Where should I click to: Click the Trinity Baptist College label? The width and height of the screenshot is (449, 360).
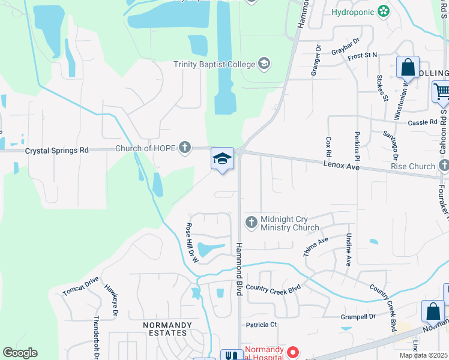tap(214, 64)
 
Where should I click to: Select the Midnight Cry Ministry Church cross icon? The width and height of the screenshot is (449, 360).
tap(251, 223)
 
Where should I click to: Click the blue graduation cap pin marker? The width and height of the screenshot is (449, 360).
tap(222, 159)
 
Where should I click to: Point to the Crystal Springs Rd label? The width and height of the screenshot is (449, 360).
tap(56, 151)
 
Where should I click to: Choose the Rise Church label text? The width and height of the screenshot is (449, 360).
tap(412, 166)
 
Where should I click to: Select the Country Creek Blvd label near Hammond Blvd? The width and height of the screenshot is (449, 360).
tap(273, 289)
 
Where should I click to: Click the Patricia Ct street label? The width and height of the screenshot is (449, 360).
tap(262, 325)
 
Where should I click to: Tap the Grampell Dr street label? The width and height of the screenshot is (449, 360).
tap(358, 316)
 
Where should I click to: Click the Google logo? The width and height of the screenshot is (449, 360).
tap(20, 352)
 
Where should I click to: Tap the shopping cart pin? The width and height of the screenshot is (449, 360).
tap(441, 92)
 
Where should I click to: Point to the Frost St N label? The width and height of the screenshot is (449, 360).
tap(362, 55)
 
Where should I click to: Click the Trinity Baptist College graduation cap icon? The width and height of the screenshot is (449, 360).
tap(264, 64)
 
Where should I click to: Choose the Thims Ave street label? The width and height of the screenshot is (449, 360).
tap(316, 247)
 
